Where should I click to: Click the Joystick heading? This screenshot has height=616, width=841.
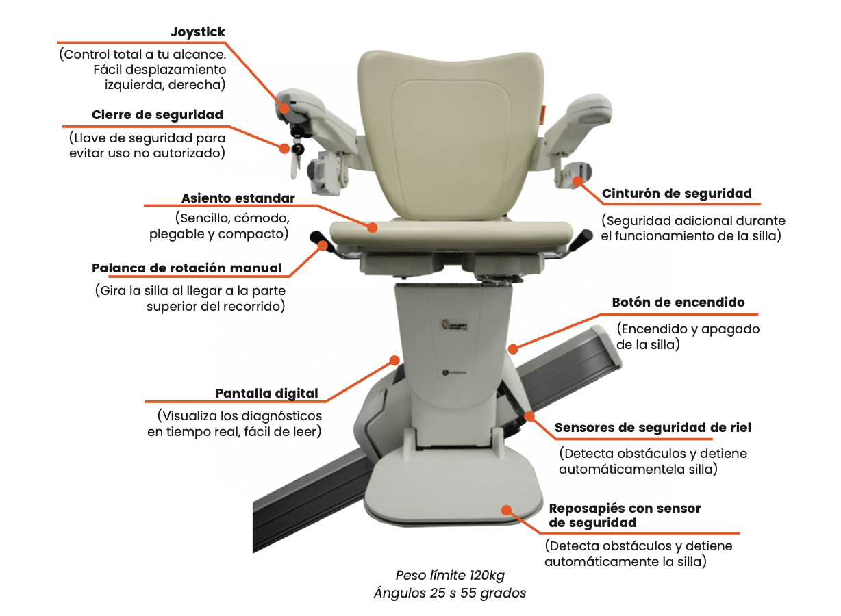pyautogui.click(x=198, y=32)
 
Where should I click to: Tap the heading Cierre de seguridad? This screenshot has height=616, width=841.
pyautogui.click(x=158, y=115)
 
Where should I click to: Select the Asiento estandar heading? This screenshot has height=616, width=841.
pyautogui.click(x=238, y=198)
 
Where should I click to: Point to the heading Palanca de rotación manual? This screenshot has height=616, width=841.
pyautogui.click(x=186, y=268)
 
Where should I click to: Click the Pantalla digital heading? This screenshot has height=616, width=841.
pyautogui.click(x=266, y=393)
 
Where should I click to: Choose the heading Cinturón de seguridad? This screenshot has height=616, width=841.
pyautogui.click(x=677, y=194)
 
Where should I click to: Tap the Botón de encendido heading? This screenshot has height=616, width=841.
pyautogui.click(x=678, y=303)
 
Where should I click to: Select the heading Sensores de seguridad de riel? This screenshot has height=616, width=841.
pyautogui.click(x=653, y=427)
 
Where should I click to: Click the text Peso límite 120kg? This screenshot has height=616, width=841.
pyautogui.click(x=450, y=575)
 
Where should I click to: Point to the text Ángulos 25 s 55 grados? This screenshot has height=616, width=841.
pyautogui.click(x=450, y=593)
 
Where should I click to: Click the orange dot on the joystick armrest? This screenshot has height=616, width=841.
pyautogui.click(x=284, y=108)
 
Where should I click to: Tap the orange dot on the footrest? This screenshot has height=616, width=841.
pyautogui.click(x=507, y=510)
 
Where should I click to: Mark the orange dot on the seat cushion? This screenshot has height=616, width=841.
pyautogui.click(x=372, y=227)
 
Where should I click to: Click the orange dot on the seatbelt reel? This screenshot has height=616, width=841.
pyautogui.click(x=577, y=181)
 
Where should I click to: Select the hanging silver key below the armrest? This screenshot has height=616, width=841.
pyautogui.click(x=295, y=165)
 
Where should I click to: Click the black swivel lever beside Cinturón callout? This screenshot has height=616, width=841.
pyautogui.click(x=581, y=240)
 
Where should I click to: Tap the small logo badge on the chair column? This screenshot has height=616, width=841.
pyautogui.click(x=454, y=325)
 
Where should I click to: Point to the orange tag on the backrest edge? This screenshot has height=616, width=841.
pyautogui.click(x=542, y=114)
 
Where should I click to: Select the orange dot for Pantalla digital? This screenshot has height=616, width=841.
pyautogui.click(x=394, y=361)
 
